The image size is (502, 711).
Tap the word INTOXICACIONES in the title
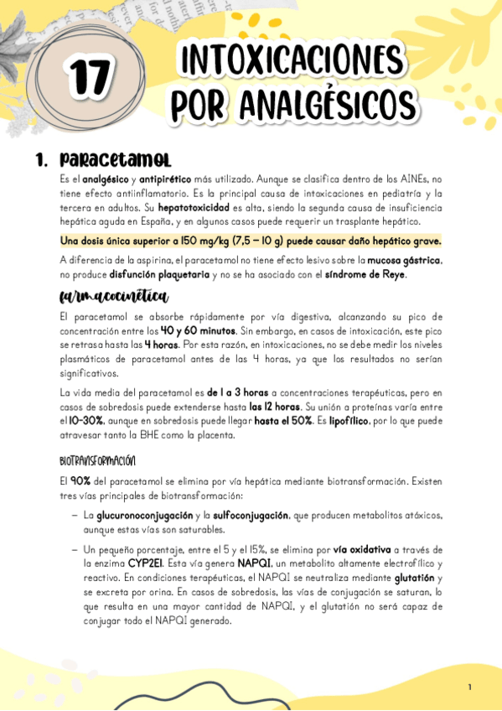click(292, 62)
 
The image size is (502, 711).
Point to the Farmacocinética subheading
click(114, 297)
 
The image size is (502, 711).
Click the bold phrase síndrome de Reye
click(367, 274)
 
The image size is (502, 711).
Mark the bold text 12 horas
click(273, 406)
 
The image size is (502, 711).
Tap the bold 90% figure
click(80, 481)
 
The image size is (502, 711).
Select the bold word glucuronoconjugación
click(142, 516)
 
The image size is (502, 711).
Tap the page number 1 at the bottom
click(469, 688)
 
